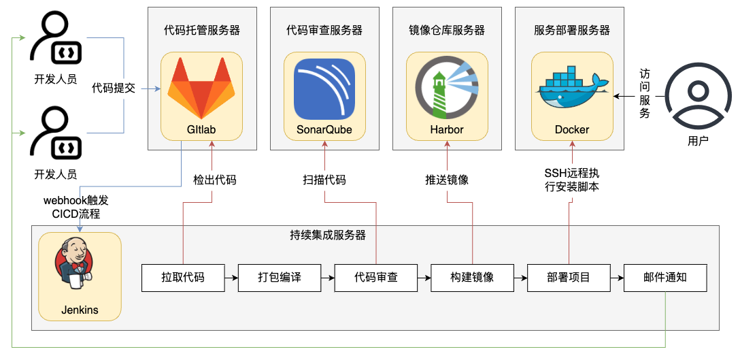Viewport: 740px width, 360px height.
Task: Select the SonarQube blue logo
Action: coord(324,89)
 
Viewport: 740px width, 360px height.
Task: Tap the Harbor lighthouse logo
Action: coord(447,88)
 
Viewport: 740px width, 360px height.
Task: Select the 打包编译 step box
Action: coord(280,278)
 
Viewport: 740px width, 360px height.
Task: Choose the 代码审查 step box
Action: coord(376,278)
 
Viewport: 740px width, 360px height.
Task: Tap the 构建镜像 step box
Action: coord(472,278)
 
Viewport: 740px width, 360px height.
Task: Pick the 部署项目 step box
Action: coord(569,278)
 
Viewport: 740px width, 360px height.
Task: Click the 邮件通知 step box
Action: coord(665,278)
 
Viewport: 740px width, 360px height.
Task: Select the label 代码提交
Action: coord(114,88)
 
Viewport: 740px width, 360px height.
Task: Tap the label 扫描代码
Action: coord(324,180)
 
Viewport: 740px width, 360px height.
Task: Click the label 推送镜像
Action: coord(447,180)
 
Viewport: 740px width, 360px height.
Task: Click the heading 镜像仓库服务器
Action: coord(447,30)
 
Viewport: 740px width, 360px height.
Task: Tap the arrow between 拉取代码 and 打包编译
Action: coord(231,278)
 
